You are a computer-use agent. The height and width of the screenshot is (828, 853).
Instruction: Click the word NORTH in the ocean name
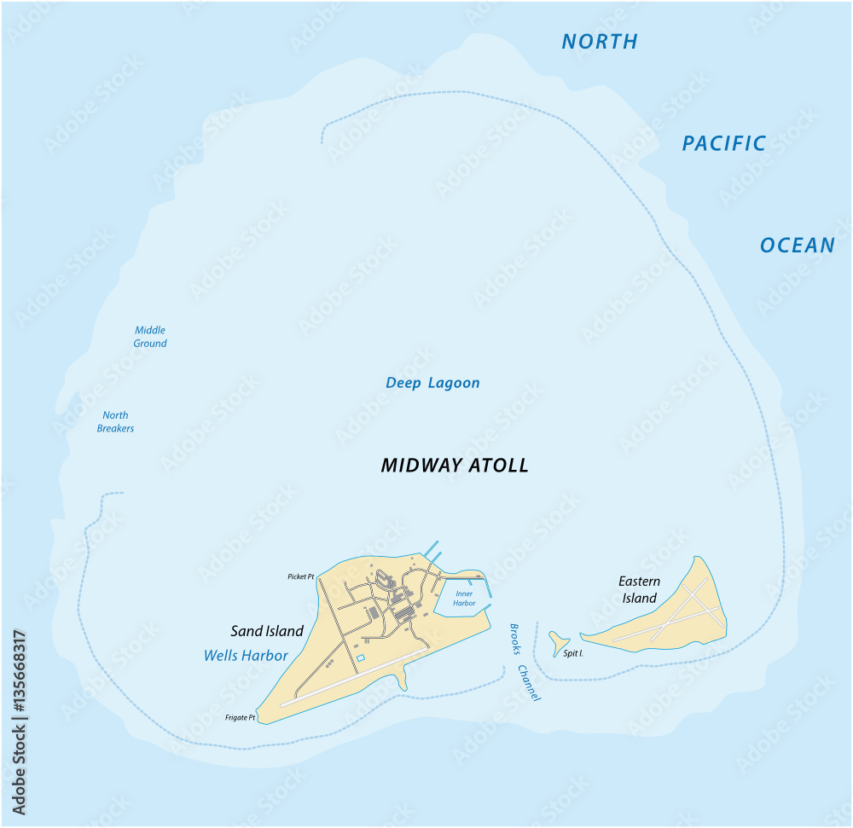(599, 41)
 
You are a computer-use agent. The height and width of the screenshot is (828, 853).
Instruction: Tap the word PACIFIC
(723, 143)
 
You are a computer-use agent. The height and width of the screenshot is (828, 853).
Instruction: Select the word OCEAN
(797, 246)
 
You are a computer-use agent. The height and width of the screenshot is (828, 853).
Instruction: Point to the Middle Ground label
(149, 337)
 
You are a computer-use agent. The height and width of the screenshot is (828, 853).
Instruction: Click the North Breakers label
(115, 422)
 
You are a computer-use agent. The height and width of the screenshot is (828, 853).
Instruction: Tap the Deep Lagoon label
(432, 383)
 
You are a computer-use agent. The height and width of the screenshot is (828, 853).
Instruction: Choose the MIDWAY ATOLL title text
(454, 466)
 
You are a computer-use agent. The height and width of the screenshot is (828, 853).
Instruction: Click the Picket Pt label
(300, 577)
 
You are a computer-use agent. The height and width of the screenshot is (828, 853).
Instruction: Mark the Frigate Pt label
(241, 718)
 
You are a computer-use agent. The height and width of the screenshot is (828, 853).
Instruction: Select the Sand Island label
(267, 631)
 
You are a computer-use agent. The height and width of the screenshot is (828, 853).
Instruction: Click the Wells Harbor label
(246, 656)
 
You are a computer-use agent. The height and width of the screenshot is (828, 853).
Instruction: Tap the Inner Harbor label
(464, 598)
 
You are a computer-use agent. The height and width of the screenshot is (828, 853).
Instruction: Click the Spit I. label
(573, 654)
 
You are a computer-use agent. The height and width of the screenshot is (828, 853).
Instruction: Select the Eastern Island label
(639, 589)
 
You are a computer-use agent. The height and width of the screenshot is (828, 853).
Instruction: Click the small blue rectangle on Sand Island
(360, 657)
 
